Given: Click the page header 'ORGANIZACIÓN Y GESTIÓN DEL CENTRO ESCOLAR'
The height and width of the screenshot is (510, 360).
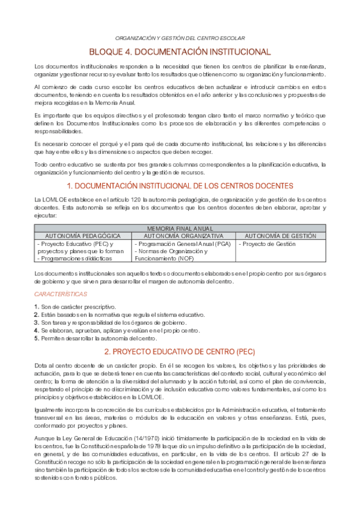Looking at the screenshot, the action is [180, 37].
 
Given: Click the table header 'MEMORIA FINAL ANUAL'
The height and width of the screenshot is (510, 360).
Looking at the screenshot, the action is [180, 229].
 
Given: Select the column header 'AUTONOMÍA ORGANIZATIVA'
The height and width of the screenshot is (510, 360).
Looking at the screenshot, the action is [184, 236].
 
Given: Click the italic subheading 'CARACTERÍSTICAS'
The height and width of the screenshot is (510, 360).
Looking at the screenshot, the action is [60, 294].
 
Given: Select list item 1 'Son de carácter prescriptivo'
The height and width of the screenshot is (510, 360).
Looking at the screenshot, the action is [78, 307].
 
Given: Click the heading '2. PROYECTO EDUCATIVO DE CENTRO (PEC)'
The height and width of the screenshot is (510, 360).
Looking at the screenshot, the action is [180, 351].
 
